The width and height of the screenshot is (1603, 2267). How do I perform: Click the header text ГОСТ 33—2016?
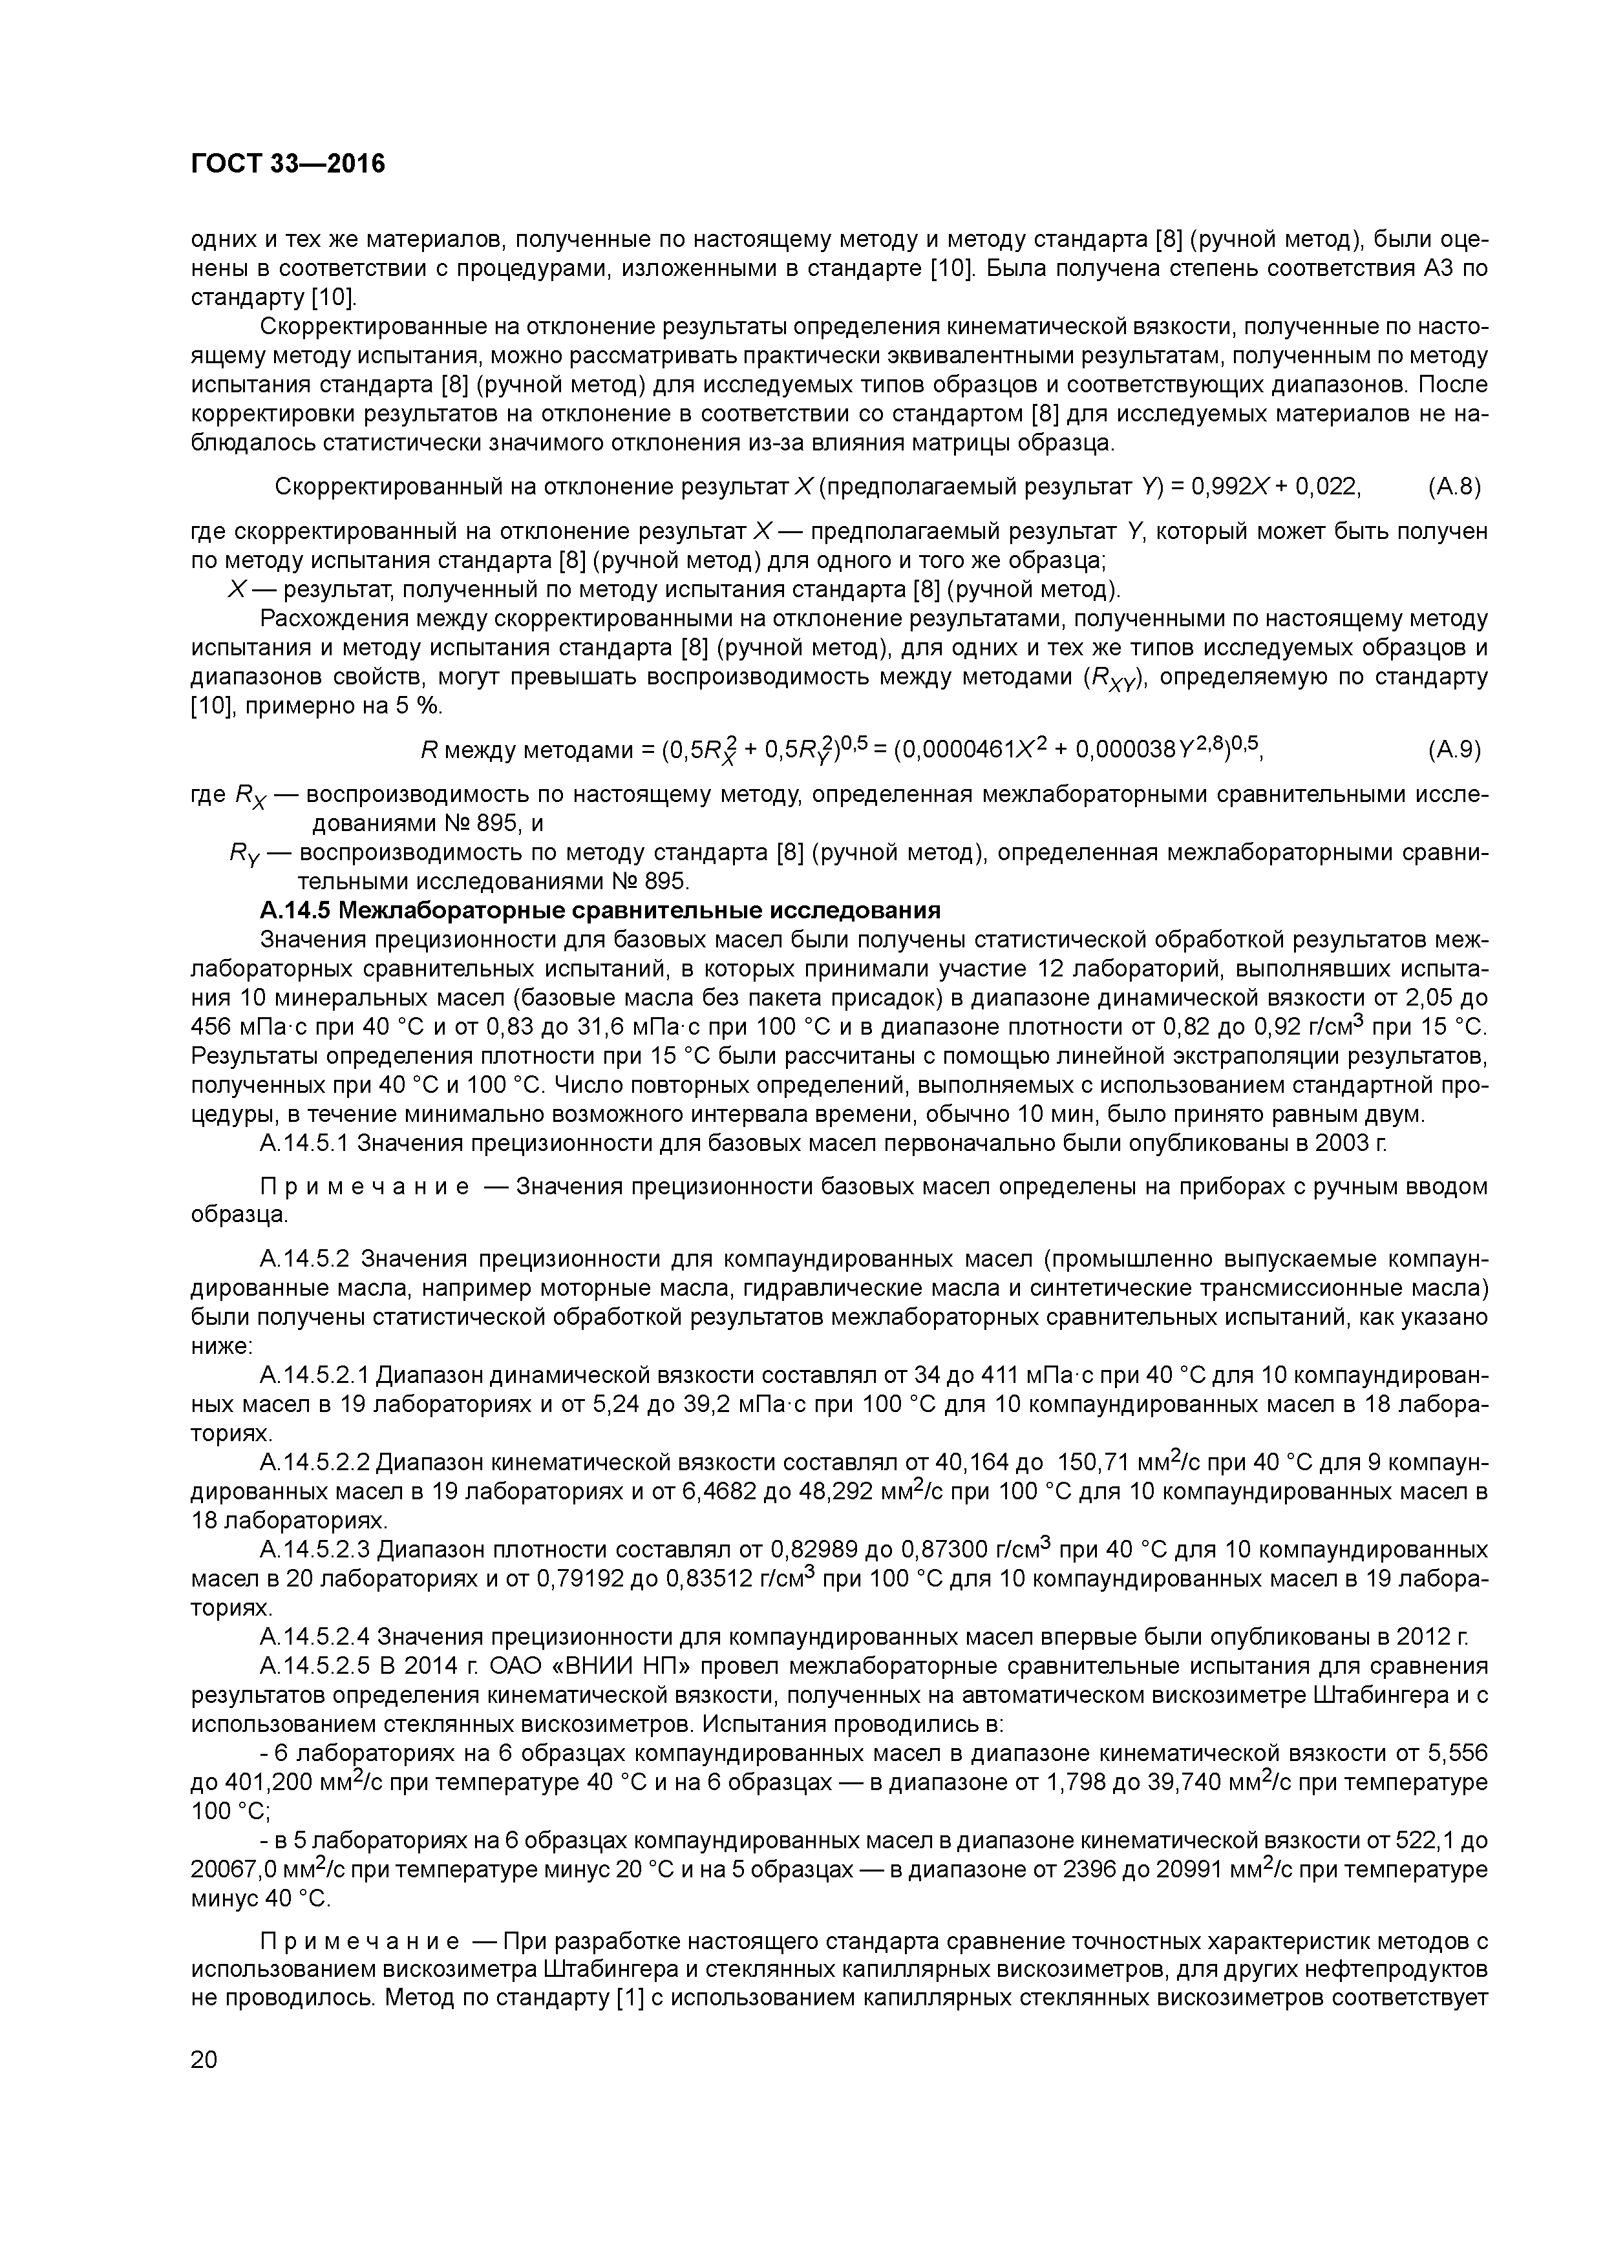click(x=288, y=164)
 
